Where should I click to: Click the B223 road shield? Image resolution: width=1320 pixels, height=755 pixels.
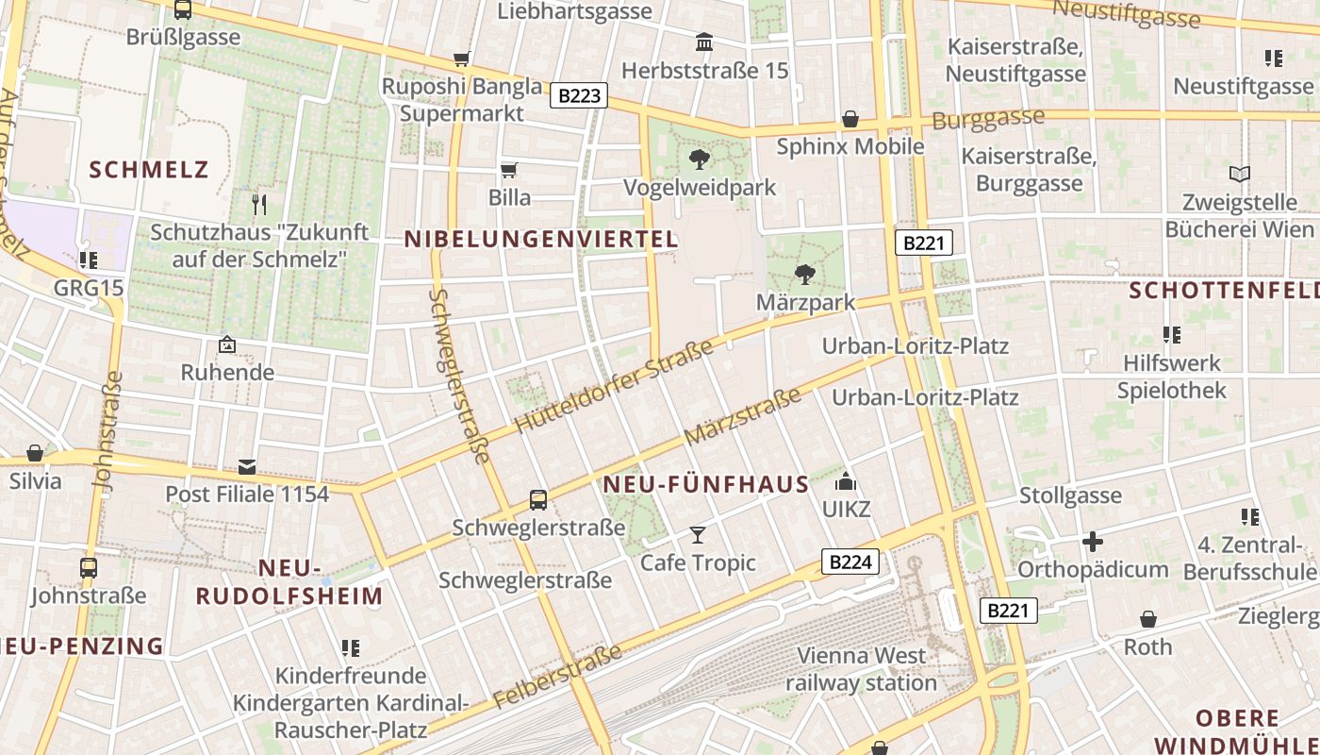pyautogui.click(x=579, y=95)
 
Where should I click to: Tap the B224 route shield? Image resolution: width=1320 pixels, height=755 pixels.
pyautogui.click(x=850, y=562)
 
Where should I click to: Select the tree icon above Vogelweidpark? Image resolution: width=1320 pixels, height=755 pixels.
pyautogui.click(x=699, y=159)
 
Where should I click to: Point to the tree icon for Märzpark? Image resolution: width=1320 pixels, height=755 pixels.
pyautogui.click(x=804, y=275)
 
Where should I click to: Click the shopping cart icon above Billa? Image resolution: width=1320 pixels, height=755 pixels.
pyautogui.click(x=508, y=170)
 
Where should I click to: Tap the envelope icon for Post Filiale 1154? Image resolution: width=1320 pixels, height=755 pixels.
pyautogui.click(x=247, y=466)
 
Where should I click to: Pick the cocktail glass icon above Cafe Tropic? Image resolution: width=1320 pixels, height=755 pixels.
pyautogui.click(x=697, y=535)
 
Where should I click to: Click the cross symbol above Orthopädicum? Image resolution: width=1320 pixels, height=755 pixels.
pyautogui.click(x=1092, y=542)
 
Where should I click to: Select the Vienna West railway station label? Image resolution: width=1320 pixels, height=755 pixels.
pyautogui.click(x=861, y=668)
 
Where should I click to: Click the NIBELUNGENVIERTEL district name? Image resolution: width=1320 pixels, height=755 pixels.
pyautogui.click(x=541, y=240)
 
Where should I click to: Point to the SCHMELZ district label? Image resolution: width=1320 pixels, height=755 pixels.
pyautogui.click(x=149, y=170)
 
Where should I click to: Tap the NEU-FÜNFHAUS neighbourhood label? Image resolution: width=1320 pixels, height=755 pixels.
pyautogui.click(x=706, y=485)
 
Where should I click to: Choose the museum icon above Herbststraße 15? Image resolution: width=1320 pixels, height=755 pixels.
pyautogui.click(x=704, y=42)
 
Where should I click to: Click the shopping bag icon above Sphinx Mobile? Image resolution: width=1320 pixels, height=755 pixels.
pyautogui.click(x=850, y=119)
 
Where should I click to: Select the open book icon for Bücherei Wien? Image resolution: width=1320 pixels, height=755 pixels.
pyautogui.click(x=1239, y=175)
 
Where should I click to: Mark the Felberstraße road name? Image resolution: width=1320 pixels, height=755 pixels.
pyautogui.click(x=557, y=676)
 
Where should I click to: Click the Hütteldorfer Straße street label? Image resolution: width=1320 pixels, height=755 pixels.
pyautogui.click(x=614, y=387)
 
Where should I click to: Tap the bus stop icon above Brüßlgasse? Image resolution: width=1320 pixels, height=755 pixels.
pyautogui.click(x=183, y=10)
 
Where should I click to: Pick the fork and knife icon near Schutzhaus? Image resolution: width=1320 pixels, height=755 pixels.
pyautogui.click(x=259, y=204)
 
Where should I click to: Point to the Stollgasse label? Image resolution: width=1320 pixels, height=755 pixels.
pyautogui.click(x=1070, y=495)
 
